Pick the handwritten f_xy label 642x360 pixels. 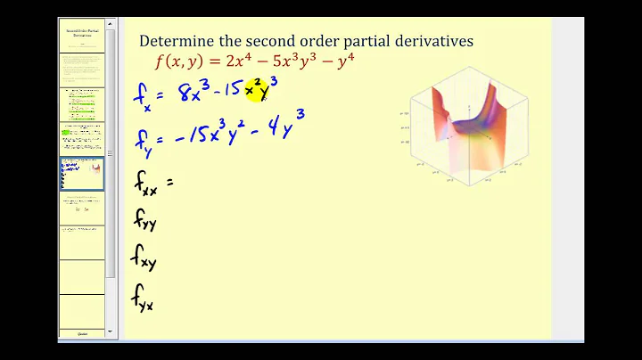(x=145, y=259)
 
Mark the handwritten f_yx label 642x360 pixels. (x=145, y=297)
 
